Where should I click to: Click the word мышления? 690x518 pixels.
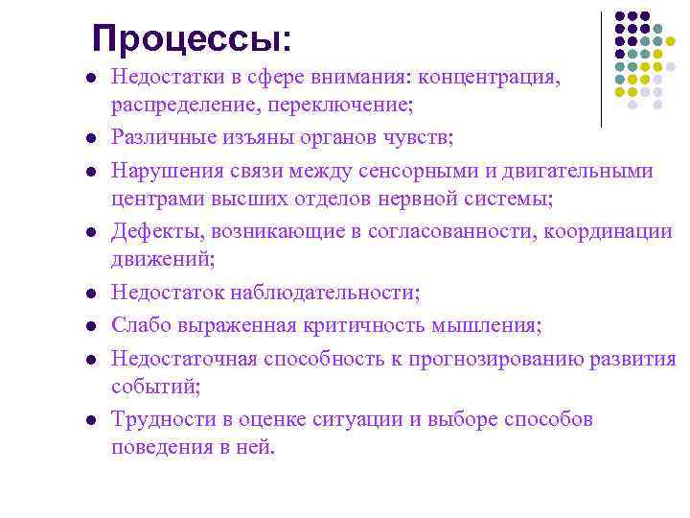tap(490, 325)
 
